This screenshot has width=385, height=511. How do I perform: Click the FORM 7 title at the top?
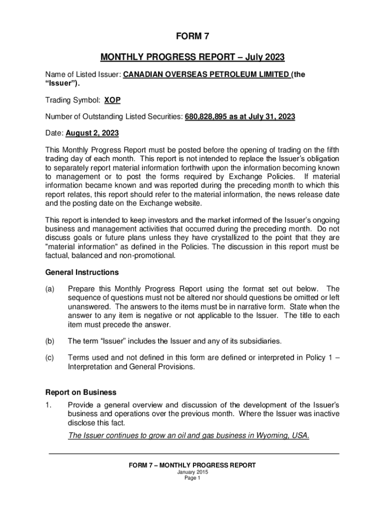(x=192, y=36)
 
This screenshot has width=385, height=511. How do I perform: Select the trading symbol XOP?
(x=112, y=100)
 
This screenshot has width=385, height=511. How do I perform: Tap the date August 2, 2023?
(x=93, y=134)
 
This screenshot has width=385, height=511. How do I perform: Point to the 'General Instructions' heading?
(x=82, y=272)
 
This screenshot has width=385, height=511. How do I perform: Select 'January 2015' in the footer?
(x=192, y=472)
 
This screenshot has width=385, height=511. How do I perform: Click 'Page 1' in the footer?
(x=192, y=478)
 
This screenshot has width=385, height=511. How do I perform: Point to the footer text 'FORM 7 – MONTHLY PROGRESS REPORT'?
(x=192, y=465)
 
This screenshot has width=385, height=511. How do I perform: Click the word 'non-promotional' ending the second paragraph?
(x=147, y=256)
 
